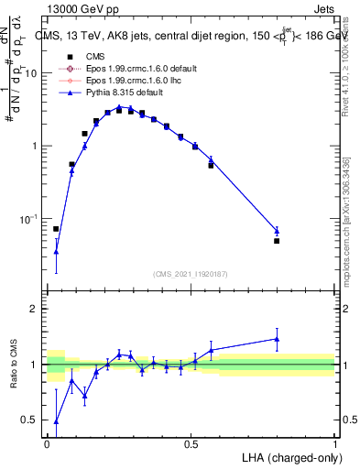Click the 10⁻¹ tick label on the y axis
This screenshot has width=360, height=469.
click(27, 219)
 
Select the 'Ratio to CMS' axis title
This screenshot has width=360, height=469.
click(14, 365)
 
